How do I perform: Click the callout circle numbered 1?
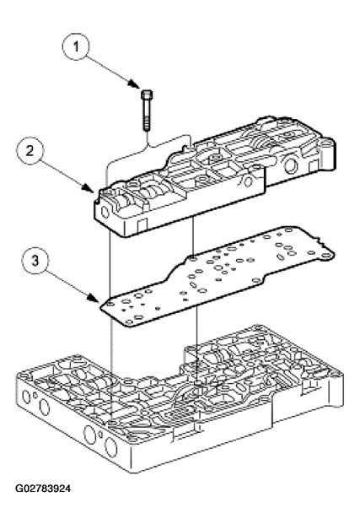76,46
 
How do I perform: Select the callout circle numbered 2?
30,150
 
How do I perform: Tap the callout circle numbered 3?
35,261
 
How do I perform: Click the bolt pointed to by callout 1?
148,110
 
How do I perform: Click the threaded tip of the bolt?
148,127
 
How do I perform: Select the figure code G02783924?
43,489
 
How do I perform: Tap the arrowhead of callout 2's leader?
90,189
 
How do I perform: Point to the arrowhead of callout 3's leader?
95,299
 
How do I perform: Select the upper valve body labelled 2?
214,176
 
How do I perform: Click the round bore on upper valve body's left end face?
105,212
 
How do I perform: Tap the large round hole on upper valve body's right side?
291,165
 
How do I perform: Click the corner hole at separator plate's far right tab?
326,256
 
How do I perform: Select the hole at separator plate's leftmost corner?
109,304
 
